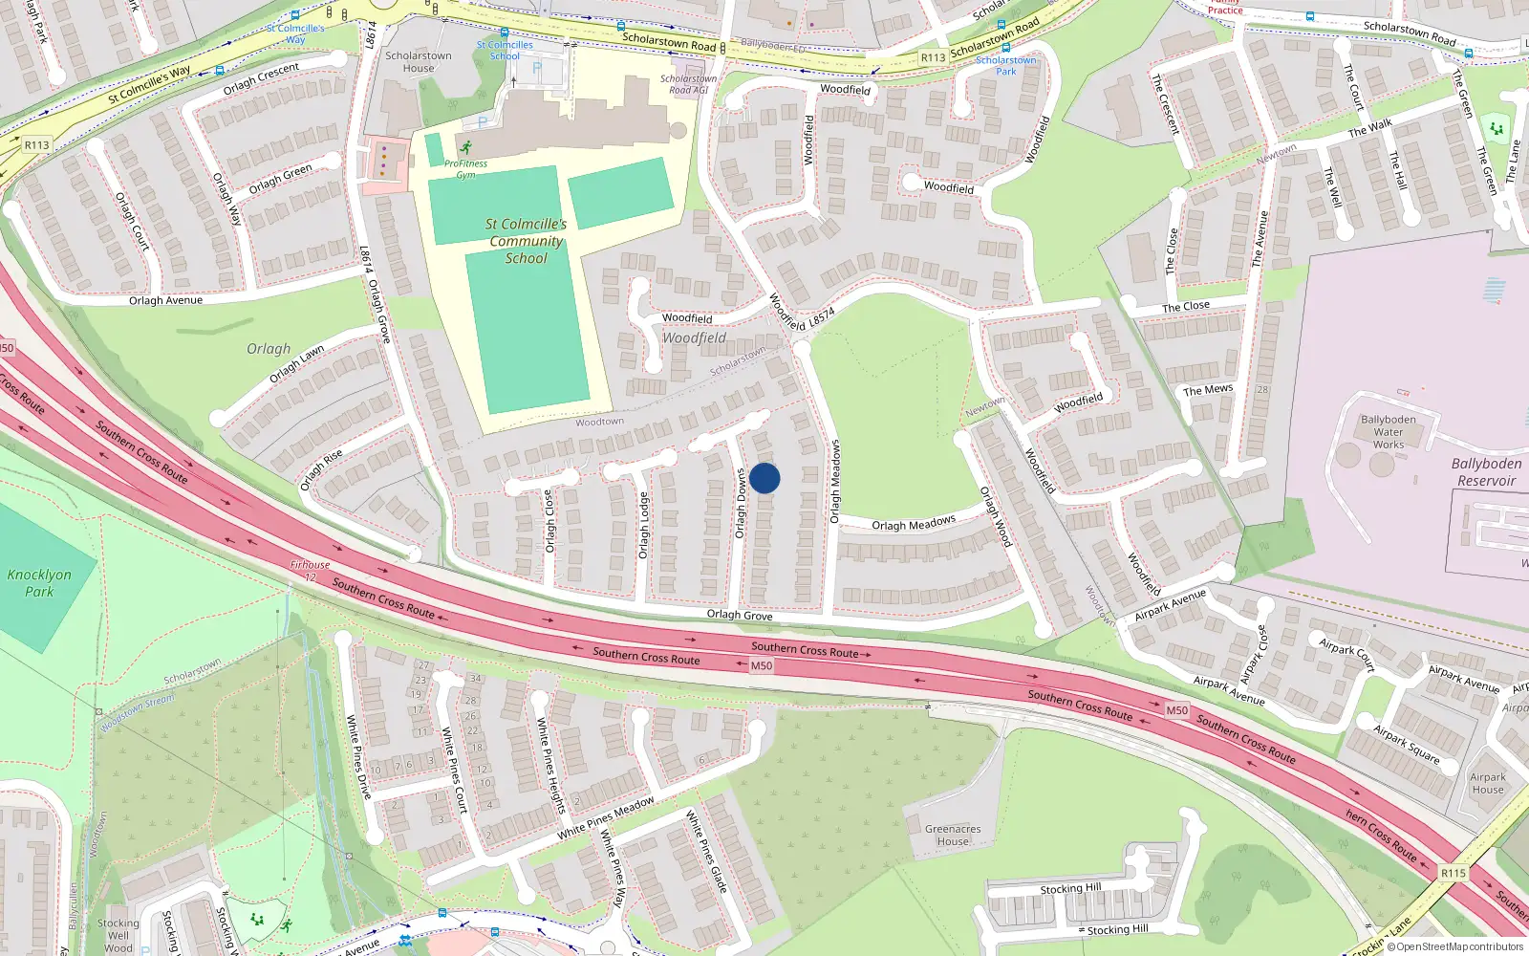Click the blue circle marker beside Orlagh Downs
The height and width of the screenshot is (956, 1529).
(x=764, y=478)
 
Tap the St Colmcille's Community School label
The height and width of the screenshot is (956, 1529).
(x=526, y=241)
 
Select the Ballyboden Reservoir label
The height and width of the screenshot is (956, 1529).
(x=1486, y=472)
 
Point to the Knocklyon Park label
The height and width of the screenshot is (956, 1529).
(x=39, y=583)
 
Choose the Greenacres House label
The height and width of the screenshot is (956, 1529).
(x=953, y=836)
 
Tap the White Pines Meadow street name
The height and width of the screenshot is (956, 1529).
(x=606, y=818)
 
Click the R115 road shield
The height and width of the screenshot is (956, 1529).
(x=1453, y=873)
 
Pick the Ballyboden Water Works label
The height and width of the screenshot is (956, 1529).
(x=1389, y=432)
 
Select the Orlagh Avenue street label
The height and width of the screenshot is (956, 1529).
(x=166, y=300)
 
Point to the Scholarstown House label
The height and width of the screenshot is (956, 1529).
(x=419, y=62)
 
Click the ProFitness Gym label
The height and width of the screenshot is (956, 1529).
(x=465, y=169)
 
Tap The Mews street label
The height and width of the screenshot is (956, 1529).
(x=1208, y=390)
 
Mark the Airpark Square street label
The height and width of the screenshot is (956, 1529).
(x=1406, y=744)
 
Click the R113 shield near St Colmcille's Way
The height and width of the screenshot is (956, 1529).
(x=36, y=145)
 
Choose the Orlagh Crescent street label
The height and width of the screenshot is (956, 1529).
(x=261, y=79)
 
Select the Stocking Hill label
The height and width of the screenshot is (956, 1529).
(x=1070, y=888)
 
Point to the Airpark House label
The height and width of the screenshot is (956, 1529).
(x=1487, y=784)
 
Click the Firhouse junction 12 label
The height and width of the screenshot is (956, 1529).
(x=310, y=571)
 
